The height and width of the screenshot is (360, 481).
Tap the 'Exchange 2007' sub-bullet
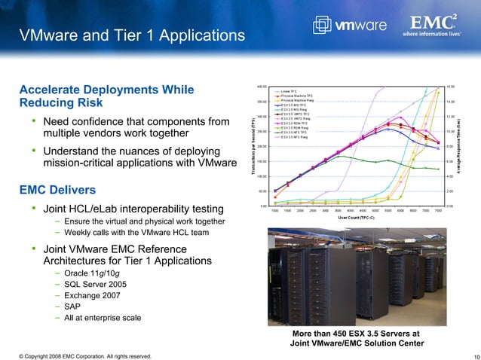pyautogui.click(x=97, y=294)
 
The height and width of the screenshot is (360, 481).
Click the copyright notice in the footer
pyautogui.click(x=79, y=355)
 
